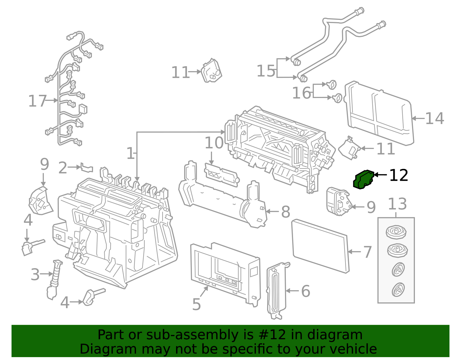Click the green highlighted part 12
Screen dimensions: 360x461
click(x=363, y=180)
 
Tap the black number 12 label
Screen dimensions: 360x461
click(x=398, y=175)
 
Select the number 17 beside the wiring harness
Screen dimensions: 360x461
click(x=37, y=101)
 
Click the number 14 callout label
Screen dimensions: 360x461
click(x=434, y=118)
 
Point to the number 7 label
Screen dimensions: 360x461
click(x=367, y=252)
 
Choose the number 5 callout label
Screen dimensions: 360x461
click(x=196, y=304)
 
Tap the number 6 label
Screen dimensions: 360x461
click(x=305, y=291)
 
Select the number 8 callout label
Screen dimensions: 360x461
click(x=285, y=212)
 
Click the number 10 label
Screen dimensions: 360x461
click(x=214, y=143)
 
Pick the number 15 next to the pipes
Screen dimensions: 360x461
click(x=266, y=71)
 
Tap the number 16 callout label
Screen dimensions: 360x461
click(x=301, y=93)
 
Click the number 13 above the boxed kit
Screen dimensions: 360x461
click(x=397, y=204)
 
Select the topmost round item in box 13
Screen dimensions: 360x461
click(x=396, y=232)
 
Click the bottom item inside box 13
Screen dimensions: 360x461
click(x=398, y=290)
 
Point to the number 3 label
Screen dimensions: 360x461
click(x=35, y=274)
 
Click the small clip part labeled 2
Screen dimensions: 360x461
click(x=87, y=167)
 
